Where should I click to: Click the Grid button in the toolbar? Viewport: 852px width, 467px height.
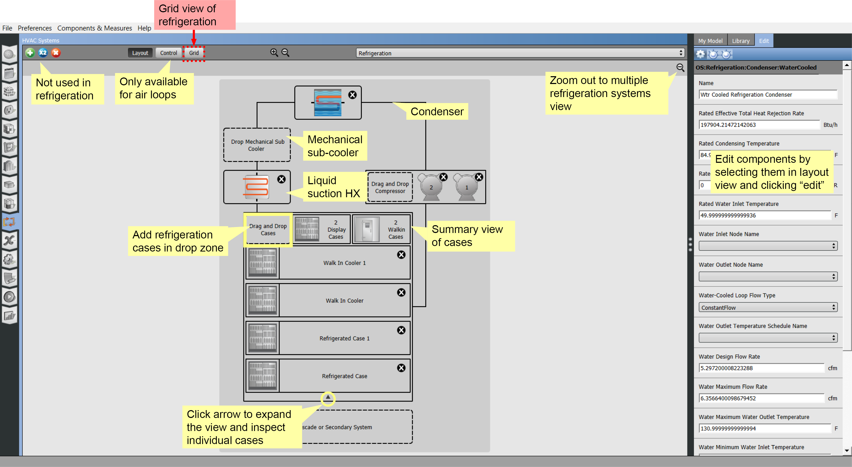pyautogui.click(x=194, y=53)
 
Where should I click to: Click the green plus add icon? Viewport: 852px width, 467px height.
pyautogui.click(x=30, y=53)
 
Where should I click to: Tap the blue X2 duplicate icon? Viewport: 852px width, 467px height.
pyautogui.click(x=43, y=53)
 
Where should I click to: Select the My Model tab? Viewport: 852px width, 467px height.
pyautogui.click(x=710, y=41)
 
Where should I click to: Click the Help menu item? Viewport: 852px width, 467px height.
pyautogui.click(x=144, y=28)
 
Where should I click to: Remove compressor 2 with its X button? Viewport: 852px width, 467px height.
pyautogui.click(x=443, y=177)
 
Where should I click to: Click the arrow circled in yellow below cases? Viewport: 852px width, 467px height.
pyautogui.click(x=328, y=397)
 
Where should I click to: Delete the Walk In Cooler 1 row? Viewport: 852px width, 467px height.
pyautogui.click(x=401, y=255)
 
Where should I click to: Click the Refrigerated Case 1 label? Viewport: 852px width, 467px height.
pyautogui.click(x=344, y=338)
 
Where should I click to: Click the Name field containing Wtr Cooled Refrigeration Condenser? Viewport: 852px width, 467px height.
pyautogui.click(x=767, y=95)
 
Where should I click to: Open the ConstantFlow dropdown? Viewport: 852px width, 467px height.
pyautogui.click(x=767, y=308)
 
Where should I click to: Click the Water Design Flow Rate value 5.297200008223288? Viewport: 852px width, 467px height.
pyautogui.click(x=761, y=368)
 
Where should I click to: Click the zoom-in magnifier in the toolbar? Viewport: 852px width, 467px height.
pyautogui.click(x=274, y=53)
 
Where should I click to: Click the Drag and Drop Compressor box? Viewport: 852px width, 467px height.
pyautogui.click(x=390, y=188)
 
